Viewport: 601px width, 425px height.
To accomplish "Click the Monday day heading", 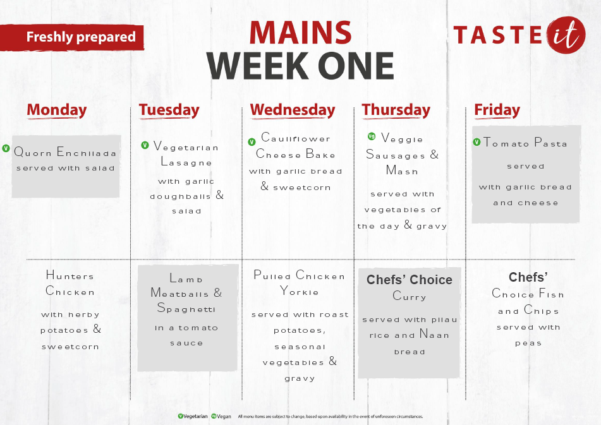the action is [57, 111].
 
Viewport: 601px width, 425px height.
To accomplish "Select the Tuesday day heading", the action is [169, 111].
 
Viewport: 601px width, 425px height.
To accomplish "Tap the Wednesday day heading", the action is [293, 111].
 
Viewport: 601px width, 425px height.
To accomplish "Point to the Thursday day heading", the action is [396, 111].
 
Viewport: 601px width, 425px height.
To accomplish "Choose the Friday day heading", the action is [497, 111].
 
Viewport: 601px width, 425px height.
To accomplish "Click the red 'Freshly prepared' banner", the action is [72, 37].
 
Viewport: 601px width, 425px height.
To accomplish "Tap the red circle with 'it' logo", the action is [566, 35].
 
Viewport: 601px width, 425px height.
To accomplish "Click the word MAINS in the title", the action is [301, 33].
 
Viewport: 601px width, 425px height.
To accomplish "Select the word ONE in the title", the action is [356, 66].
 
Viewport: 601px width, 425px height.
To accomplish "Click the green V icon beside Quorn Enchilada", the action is [6, 148].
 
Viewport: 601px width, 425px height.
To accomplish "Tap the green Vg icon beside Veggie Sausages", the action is [372, 136].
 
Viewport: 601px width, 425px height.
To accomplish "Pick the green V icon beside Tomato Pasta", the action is [477, 142].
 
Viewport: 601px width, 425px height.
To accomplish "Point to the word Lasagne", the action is [186, 162].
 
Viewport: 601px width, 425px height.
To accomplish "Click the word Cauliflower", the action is [296, 138].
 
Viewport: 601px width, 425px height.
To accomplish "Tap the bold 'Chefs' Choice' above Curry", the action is [410, 280].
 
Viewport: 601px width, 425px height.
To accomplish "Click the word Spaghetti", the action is [186, 308].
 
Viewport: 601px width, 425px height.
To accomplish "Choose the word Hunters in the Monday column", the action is [70, 275].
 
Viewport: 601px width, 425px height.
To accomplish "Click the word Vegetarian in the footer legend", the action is [195, 417].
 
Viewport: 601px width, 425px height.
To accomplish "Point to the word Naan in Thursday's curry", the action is [434, 334].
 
